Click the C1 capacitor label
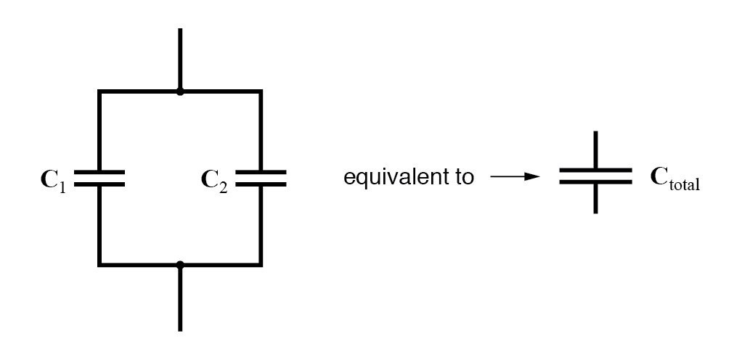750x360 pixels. (x=52, y=179)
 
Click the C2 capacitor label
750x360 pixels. (x=214, y=179)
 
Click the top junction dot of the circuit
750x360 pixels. (x=180, y=92)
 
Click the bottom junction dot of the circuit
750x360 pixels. (x=180, y=265)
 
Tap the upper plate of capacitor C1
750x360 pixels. (x=99, y=173)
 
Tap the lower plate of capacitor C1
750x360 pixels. (x=99, y=184)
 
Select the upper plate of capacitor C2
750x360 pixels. (x=261, y=173)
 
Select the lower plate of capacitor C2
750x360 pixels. (x=261, y=184)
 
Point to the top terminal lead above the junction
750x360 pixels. (x=180, y=58)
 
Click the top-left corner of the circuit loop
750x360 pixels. (x=99, y=92)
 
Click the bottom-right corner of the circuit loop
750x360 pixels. (x=261, y=265)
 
